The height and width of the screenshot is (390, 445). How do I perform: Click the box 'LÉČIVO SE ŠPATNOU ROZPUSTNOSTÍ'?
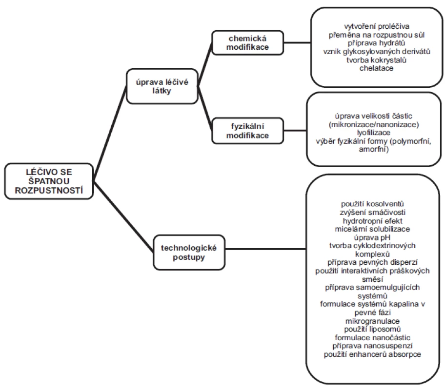coord(49,181)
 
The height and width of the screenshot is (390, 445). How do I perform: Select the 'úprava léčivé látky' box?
coord(162,86)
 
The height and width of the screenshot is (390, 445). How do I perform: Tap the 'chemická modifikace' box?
coord(247,43)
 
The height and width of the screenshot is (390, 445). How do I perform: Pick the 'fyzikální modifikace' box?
coord(247,131)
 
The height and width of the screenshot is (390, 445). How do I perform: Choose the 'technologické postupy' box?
coord(189,252)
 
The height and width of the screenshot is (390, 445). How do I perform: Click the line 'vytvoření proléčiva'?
coord(377,26)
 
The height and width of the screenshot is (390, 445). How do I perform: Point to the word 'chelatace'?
coord(376,68)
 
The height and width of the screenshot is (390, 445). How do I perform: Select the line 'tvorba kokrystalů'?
coord(376,60)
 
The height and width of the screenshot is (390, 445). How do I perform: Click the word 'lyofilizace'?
coord(373,133)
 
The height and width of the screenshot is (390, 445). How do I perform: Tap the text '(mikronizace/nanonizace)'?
coord(374,124)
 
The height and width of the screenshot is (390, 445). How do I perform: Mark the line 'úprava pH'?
coord(372,237)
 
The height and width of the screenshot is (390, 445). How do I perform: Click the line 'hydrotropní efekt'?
coord(372,221)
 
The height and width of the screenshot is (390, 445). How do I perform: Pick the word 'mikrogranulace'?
coord(372,321)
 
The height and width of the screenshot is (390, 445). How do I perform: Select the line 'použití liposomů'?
coord(372,329)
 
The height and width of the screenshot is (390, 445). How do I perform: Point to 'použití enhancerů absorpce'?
coord(372,354)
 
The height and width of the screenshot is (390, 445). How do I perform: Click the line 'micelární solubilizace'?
coord(372,229)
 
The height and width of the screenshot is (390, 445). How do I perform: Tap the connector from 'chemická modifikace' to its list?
coord(297,43)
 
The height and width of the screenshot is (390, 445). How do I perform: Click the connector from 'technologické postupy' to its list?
coord(265,249)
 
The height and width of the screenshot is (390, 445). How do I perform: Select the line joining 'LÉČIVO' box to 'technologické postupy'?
coord(123,217)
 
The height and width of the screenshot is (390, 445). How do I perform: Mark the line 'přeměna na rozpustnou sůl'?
coord(377,35)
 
